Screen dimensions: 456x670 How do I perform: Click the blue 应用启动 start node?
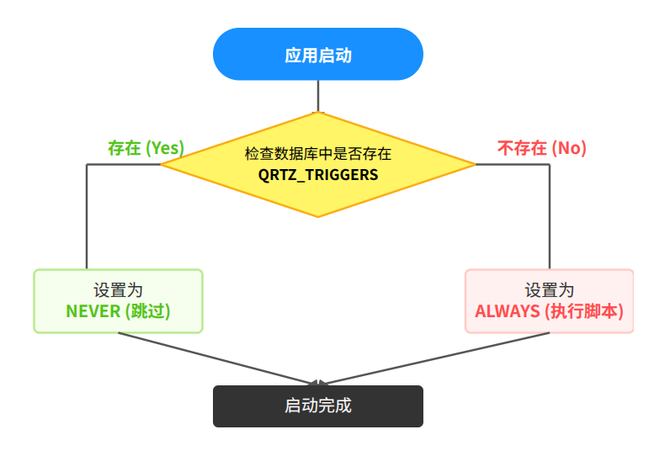pyautogui.click(x=317, y=55)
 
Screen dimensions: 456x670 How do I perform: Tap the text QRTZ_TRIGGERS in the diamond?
pyautogui.click(x=318, y=175)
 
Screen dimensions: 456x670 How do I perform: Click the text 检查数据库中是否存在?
pyautogui.click(x=318, y=155)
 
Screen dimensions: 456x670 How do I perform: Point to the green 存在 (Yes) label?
pyautogui.click(x=146, y=147)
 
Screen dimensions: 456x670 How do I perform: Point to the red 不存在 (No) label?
pyautogui.click(x=541, y=149)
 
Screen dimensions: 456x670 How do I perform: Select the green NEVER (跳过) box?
pyautogui.click(x=118, y=300)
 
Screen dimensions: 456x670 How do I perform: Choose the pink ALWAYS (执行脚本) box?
pyautogui.click(x=549, y=300)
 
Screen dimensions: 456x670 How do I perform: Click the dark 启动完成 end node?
pyautogui.click(x=317, y=406)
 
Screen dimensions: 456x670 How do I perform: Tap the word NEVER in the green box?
pyautogui.click(x=93, y=311)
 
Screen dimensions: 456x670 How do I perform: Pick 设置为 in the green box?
pyautogui.click(x=118, y=290)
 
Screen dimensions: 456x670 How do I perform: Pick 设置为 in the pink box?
pyautogui.click(x=549, y=290)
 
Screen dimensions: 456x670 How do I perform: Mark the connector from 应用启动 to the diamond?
pyautogui.click(x=318, y=95)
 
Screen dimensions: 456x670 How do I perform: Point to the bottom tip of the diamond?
pyautogui.click(x=318, y=216)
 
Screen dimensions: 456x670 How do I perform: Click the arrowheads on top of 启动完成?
pyautogui.click(x=318, y=383)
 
